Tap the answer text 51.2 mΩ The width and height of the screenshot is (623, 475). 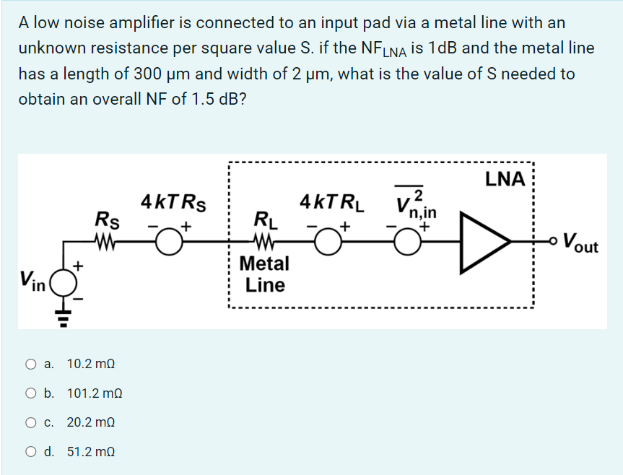click(91, 452)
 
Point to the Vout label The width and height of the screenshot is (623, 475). click(581, 241)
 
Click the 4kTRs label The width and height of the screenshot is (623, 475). click(173, 202)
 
